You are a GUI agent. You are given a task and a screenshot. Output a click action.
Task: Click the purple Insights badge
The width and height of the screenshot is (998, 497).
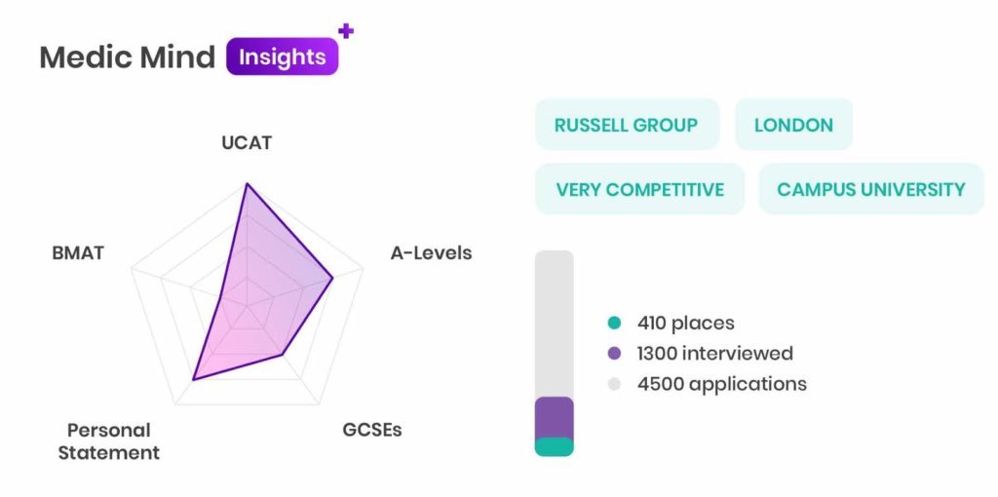[x=282, y=57]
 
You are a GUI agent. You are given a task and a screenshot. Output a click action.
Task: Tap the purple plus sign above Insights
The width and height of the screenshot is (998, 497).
[x=346, y=30]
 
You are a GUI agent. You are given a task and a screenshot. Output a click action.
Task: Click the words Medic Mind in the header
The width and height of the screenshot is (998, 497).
[x=128, y=57]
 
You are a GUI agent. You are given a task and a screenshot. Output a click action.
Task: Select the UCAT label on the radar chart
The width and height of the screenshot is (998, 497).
[x=247, y=142]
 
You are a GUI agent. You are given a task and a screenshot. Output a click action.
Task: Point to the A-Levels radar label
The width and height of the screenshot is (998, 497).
[x=431, y=252]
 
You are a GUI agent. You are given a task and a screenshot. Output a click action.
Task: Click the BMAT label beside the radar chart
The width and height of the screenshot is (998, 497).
[x=78, y=252]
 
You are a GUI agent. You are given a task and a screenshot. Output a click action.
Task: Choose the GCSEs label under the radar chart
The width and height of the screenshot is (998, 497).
[x=372, y=430]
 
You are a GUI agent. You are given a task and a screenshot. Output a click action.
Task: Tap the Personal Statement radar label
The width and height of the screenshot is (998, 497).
[x=109, y=441]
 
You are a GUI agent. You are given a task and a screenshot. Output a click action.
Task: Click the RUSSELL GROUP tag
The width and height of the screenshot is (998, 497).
[x=627, y=125]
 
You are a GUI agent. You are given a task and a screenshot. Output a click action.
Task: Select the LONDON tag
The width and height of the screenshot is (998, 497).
[x=793, y=125]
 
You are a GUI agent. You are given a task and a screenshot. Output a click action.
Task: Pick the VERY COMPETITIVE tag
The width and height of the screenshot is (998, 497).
[x=639, y=189]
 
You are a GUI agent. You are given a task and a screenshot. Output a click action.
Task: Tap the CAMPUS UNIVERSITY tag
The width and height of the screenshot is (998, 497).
[x=871, y=189]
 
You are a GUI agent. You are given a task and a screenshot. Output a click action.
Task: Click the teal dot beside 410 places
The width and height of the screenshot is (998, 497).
[x=614, y=323]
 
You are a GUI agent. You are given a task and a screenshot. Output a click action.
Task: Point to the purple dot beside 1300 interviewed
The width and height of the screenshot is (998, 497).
[x=614, y=353]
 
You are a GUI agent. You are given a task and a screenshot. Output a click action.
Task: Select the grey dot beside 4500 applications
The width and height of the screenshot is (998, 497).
[x=614, y=384]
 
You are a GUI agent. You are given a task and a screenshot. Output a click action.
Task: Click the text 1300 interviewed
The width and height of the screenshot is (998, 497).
[x=714, y=353]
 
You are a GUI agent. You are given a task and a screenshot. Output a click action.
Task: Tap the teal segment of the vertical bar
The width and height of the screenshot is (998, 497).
[x=554, y=446]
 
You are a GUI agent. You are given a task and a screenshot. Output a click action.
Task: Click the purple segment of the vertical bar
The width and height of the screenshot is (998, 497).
[x=554, y=417]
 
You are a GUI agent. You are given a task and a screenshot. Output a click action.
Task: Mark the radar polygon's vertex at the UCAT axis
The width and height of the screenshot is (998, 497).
[x=247, y=184]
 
